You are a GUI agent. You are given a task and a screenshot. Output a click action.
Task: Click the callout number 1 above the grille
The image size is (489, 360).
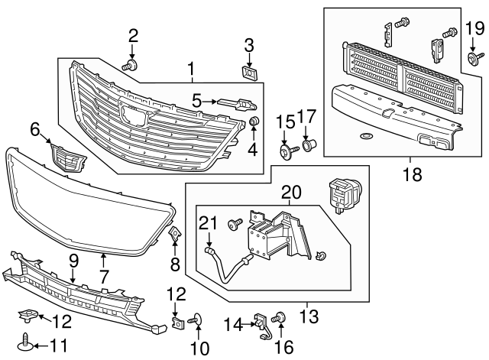pos(191,72)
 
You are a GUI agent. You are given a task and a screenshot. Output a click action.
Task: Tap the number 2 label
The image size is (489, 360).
pos(133,34)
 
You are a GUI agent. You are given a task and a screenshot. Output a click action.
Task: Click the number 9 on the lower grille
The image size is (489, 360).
pos(73,261)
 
